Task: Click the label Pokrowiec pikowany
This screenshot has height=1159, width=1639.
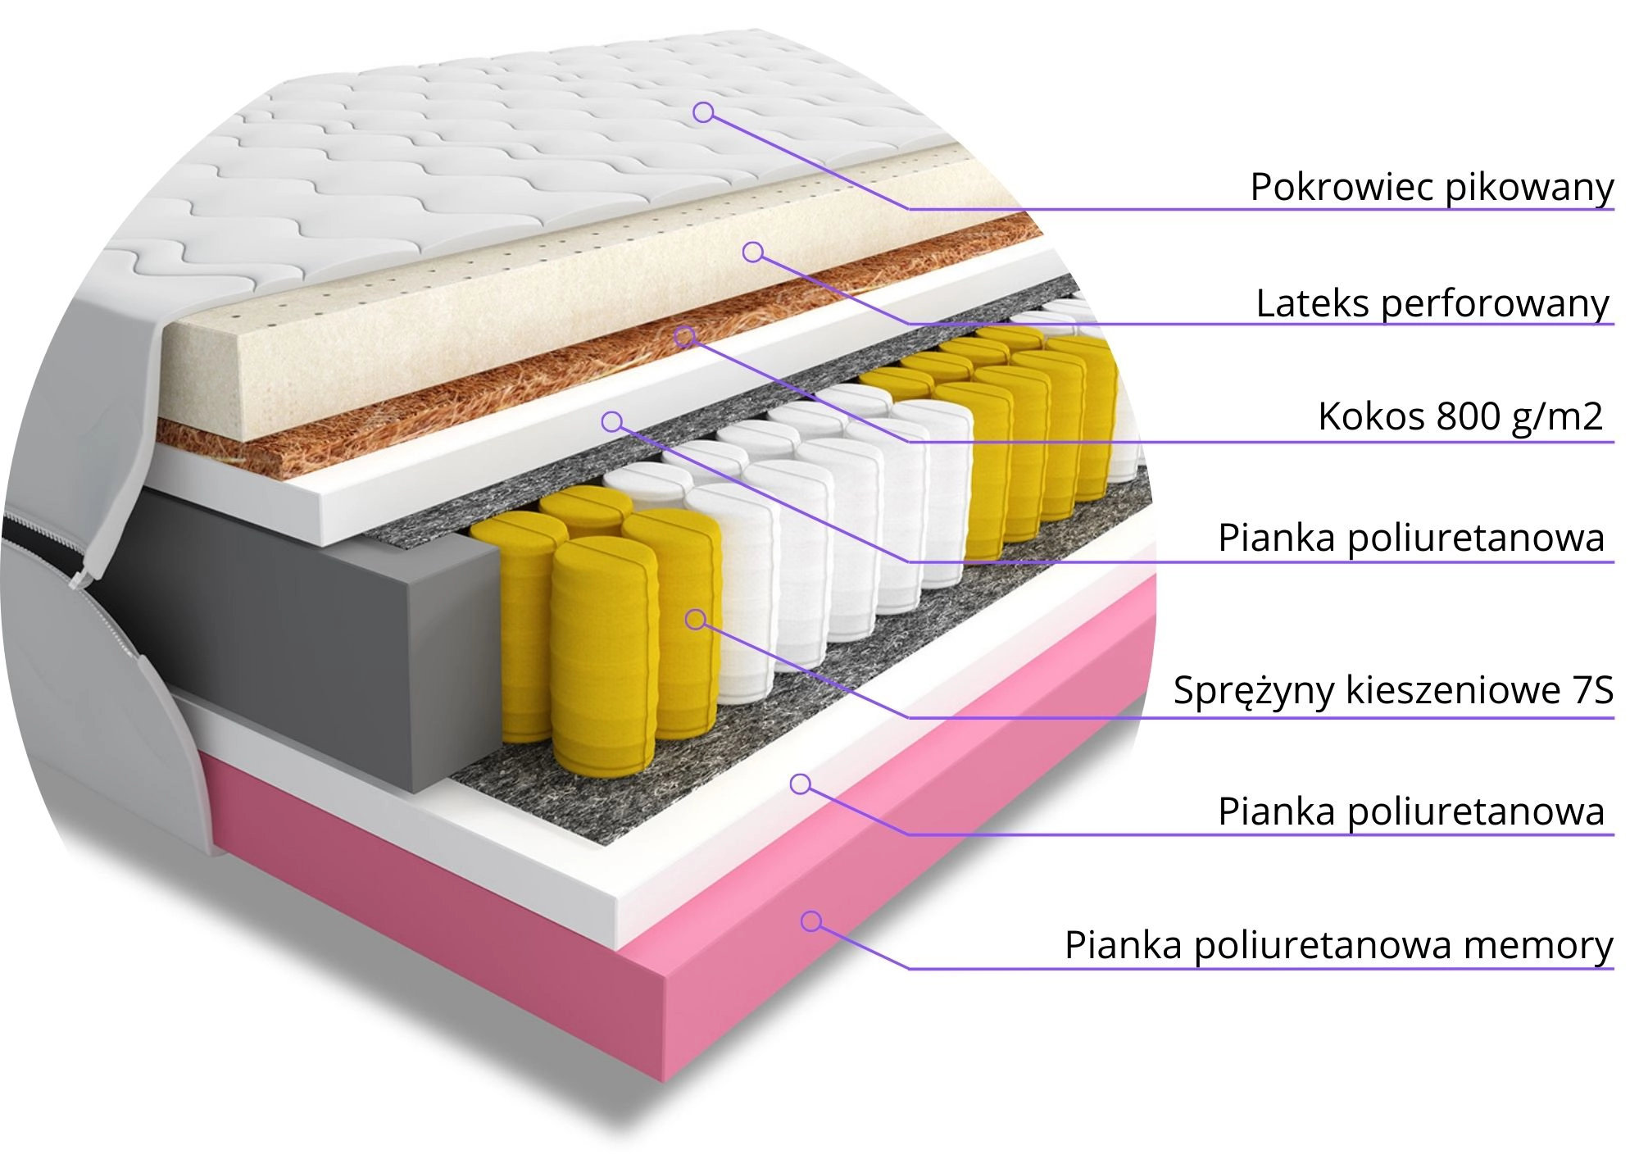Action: click(1431, 188)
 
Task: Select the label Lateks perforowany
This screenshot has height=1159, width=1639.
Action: click(1432, 304)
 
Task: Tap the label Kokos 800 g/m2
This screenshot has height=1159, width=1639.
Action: click(1460, 416)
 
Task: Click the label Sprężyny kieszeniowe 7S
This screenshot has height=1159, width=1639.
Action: click(1392, 690)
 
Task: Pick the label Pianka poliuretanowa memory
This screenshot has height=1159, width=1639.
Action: click(1338, 945)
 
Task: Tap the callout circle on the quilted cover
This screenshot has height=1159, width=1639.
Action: click(703, 112)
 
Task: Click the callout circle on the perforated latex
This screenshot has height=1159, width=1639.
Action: click(753, 252)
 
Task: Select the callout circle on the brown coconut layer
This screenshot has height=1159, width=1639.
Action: click(685, 335)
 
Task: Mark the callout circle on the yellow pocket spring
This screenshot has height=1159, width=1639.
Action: click(696, 619)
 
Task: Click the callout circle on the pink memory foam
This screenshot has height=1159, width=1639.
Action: click(811, 921)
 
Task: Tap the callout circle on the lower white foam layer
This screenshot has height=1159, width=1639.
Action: click(801, 784)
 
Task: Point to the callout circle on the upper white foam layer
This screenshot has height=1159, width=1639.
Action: click(612, 422)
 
